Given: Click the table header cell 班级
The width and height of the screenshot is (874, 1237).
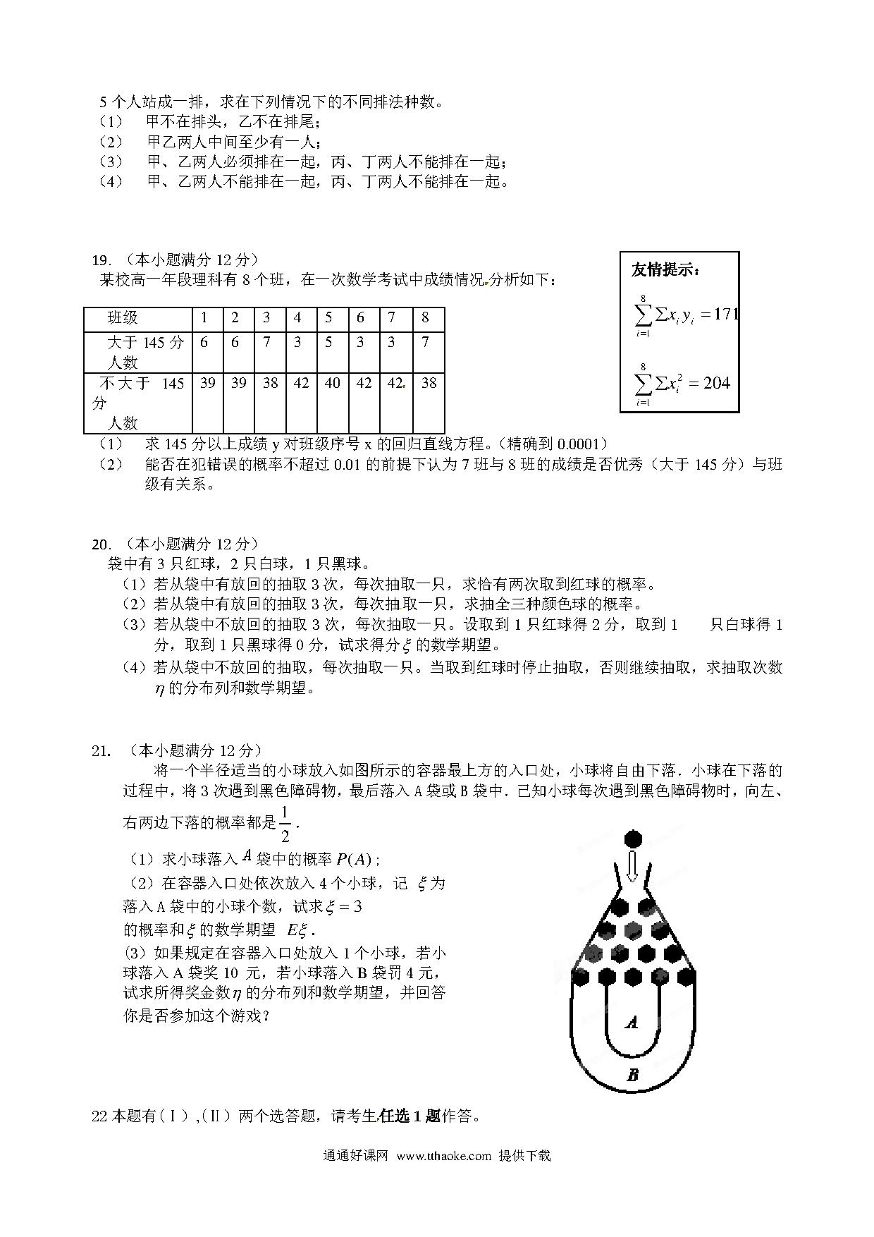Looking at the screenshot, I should [x=123, y=318].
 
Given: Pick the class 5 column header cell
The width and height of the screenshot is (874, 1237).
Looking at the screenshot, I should [x=328, y=318].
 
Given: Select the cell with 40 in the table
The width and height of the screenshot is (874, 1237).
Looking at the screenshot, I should [x=332, y=383].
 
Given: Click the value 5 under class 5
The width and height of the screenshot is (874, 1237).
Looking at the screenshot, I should [x=328, y=343].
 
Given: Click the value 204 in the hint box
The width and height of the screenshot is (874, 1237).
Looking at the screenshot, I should [x=717, y=383].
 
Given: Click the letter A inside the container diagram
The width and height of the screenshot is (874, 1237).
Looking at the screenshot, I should [x=632, y=1021].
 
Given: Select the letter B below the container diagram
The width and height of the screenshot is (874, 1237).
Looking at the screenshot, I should [x=632, y=1075].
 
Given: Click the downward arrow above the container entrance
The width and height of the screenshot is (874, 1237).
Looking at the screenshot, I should [x=632, y=866].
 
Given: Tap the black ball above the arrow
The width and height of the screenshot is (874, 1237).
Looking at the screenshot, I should [x=633, y=839].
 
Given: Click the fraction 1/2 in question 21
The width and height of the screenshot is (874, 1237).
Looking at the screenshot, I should [x=285, y=824].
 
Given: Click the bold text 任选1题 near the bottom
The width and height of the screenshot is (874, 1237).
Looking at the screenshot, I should [x=410, y=1116].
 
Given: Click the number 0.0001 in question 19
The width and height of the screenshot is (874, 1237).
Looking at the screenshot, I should [x=581, y=444].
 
